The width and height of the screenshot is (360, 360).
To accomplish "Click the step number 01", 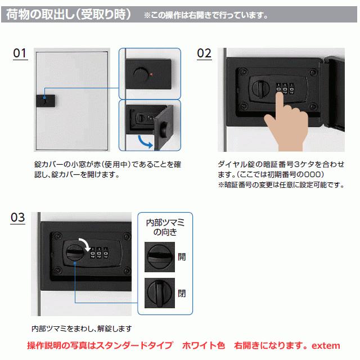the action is point(20,53).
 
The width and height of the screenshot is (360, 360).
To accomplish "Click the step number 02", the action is point(204,53).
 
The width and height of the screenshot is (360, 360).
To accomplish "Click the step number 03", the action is point(17,218).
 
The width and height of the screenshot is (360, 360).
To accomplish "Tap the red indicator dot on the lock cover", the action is point(151,74).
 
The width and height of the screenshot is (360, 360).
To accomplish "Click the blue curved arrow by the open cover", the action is point(144,142).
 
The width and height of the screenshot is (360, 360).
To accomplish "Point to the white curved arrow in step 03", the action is point(85,244).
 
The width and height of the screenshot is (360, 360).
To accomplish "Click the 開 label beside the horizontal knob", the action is point(182,256).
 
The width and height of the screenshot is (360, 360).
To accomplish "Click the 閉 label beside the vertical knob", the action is point(182,293).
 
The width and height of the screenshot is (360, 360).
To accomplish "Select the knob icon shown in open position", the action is point(160,257).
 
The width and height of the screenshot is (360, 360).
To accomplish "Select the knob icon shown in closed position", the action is point(160,293).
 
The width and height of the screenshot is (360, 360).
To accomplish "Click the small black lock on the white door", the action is point(46,101).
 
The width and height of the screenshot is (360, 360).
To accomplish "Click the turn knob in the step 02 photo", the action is point(261,88).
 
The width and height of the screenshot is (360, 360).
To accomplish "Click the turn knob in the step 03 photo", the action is point(75,253).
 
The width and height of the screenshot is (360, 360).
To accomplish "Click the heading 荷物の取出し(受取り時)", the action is point(69,14).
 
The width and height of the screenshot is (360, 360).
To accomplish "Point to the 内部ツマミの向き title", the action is point(165,227).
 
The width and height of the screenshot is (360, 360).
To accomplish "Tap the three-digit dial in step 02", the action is point(285,88).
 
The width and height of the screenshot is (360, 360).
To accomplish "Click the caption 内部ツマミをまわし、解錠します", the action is point(82,328).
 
